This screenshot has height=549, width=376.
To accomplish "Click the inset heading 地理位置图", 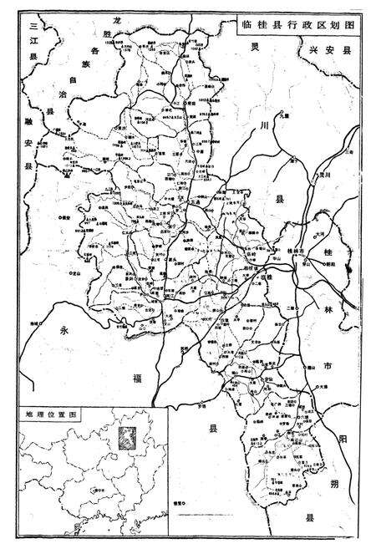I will pyautogui.click(x=49, y=414).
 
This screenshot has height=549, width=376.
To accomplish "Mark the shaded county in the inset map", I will pyautogui.click(x=126, y=437).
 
